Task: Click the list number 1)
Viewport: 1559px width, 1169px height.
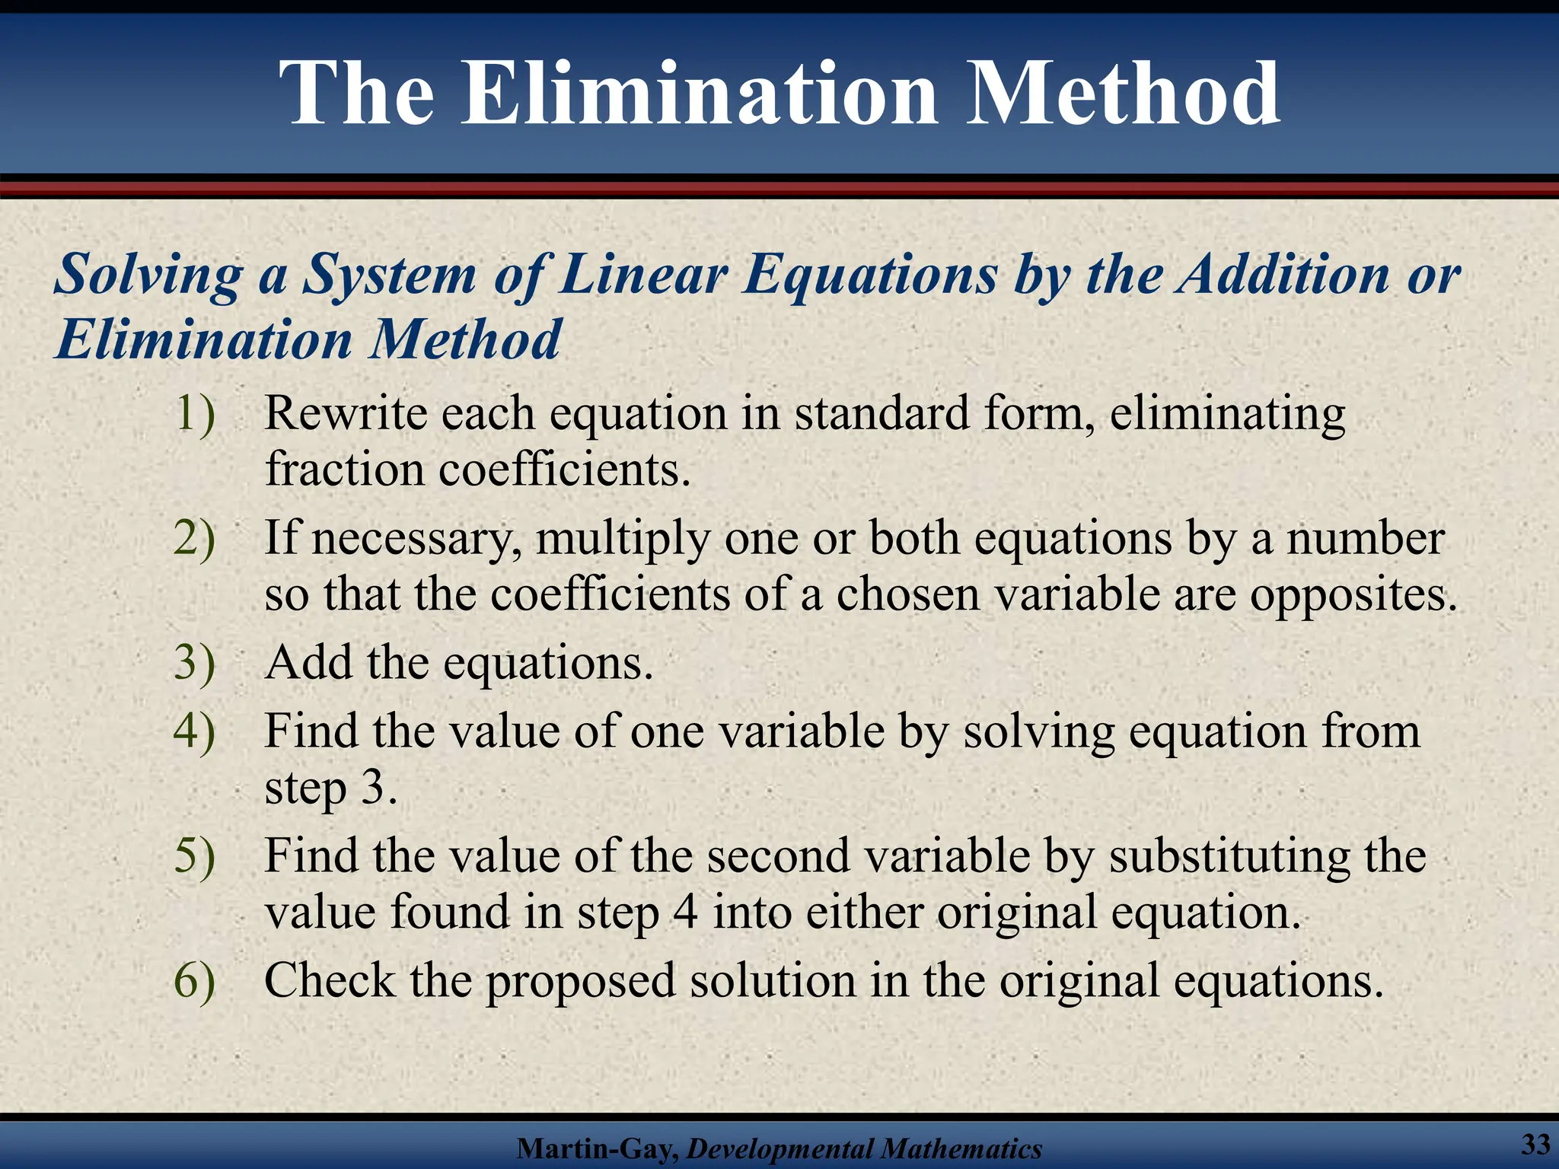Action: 195,414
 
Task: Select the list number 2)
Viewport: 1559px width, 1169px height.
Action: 195,538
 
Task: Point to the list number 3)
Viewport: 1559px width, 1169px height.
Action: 195,662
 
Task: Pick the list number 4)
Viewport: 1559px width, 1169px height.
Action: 195,731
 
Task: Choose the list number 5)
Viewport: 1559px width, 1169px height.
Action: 195,855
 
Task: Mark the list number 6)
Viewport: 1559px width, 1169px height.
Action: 195,979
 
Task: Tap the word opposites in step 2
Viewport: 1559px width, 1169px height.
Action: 1353,594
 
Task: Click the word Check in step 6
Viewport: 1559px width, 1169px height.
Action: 329,979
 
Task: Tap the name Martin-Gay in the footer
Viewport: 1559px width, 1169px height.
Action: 597,1148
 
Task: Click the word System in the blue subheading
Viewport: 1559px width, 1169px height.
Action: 390,274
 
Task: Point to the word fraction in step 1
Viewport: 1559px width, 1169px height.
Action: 344,469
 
